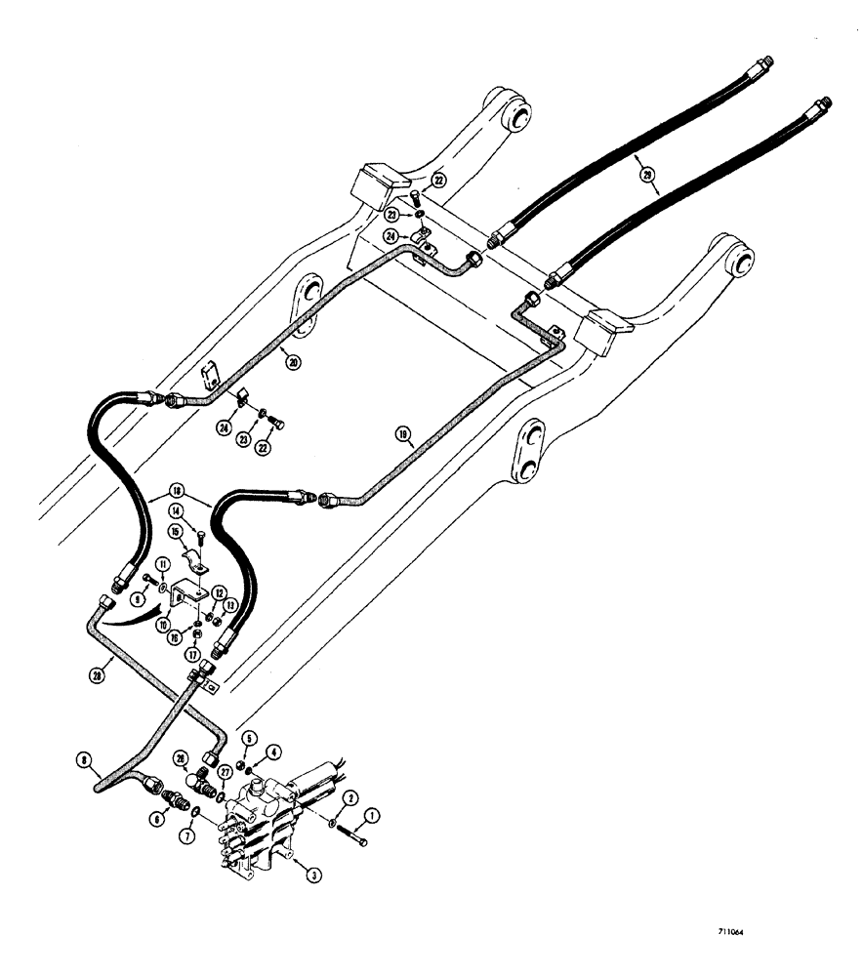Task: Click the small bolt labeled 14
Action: [x=199, y=534]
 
